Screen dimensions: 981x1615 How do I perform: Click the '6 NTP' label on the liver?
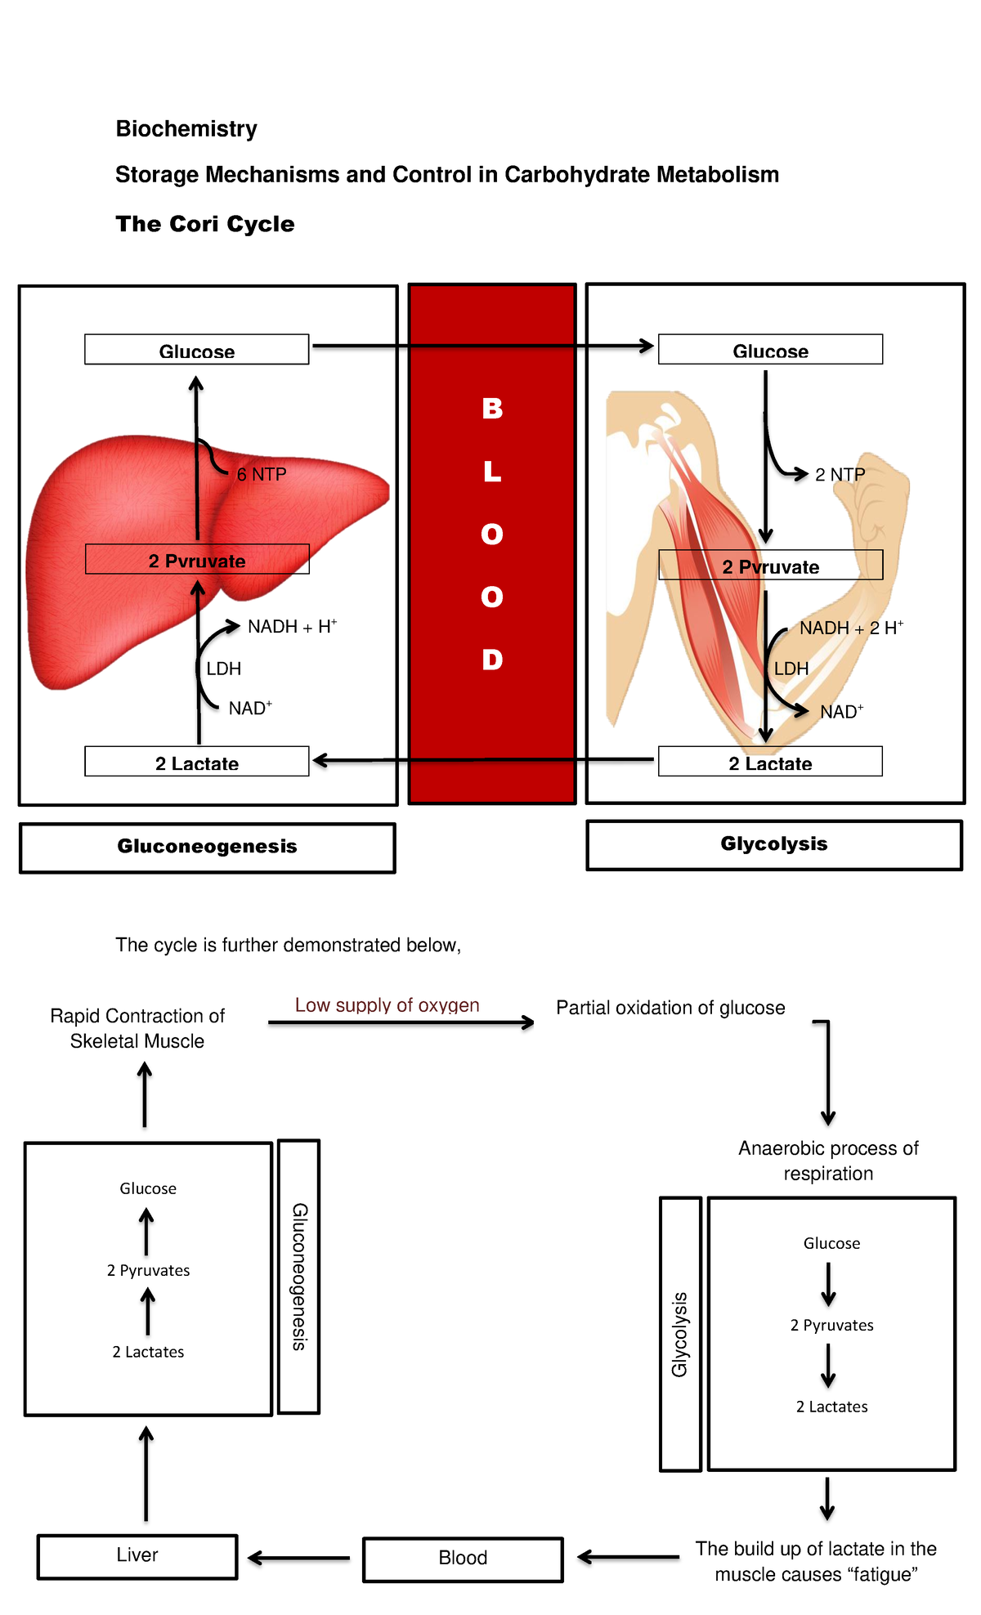click(x=262, y=474)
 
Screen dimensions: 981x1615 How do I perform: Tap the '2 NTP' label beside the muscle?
click(x=840, y=474)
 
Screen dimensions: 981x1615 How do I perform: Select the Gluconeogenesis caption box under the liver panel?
click(x=208, y=848)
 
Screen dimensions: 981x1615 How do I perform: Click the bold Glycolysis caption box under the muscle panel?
click(x=774, y=845)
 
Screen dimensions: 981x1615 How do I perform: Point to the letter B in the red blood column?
click(x=492, y=408)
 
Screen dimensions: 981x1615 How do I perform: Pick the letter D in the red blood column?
click(x=492, y=659)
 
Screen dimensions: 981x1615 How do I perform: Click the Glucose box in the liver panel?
click(x=197, y=350)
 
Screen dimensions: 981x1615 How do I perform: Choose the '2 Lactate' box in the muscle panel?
click(x=770, y=762)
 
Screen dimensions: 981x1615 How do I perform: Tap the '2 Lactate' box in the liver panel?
click(x=197, y=762)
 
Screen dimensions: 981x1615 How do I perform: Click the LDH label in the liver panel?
click(x=224, y=669)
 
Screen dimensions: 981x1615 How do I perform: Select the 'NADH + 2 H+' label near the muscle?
click(x=851, y=628)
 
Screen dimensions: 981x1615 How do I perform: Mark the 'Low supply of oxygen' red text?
click(x=387, y=1005)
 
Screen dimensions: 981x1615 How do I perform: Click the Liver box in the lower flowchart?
click(x=137, y=1557)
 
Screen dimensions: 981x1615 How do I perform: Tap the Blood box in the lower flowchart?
click(x=463, y=1559)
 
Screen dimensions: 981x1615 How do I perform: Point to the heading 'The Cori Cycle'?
click(x=205, y=224)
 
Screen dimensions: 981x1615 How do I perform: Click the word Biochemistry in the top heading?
click(x=186, y=128)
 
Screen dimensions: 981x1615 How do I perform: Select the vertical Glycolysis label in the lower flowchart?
click(x=680, y=1335)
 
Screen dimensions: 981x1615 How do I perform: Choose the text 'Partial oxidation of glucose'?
click(x=670, y=1008)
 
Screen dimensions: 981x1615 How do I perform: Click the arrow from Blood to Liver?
click(x=298, y=1559)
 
